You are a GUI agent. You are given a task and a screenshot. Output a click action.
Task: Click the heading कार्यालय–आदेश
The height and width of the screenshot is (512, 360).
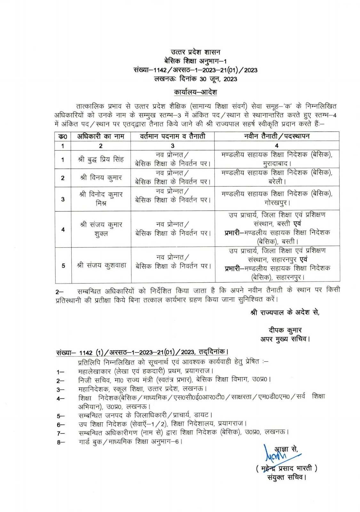click(196, 92)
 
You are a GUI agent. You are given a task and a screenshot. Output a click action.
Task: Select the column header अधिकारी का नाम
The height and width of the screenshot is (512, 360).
click(101, 136)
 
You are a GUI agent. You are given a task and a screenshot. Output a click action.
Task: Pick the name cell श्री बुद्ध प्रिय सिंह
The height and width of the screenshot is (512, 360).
click(101, 159)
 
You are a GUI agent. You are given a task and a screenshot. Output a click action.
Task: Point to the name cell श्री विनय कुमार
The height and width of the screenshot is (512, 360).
click(101, 178)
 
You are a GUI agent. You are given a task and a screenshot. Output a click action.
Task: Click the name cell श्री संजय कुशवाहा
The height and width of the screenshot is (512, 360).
click(101, 265)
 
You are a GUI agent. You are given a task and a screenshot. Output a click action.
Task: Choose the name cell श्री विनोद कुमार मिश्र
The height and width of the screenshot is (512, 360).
click(101, 199)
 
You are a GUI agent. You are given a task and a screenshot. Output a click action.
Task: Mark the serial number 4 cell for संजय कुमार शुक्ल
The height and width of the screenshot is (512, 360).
click(63, 229)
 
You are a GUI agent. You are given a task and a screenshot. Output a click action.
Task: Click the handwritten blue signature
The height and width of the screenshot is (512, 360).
click(273, 452)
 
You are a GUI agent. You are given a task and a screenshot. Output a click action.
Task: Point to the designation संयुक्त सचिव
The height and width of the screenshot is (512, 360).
click(286, 478)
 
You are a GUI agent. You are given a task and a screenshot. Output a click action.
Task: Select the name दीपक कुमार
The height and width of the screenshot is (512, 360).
click(285, 330)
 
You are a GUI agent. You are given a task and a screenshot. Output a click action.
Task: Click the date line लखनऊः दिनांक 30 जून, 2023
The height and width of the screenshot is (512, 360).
click(195, 79)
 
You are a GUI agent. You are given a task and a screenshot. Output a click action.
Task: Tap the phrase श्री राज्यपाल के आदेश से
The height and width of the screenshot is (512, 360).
click(285, 312)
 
